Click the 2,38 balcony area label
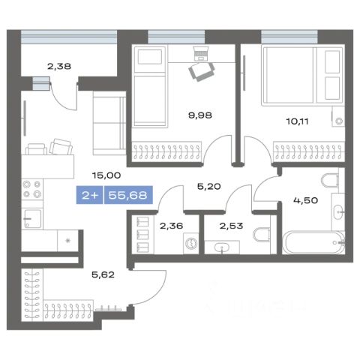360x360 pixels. tap(59, 67)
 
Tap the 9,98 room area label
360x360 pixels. tap(200, 115)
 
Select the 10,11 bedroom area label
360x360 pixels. tap(297, 121)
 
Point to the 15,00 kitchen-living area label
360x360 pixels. tap(106, 175)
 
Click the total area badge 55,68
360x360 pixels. tap(128, 195)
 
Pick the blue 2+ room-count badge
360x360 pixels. tap(89, 195)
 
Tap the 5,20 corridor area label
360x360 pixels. tap(209, 187)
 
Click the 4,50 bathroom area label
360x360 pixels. tap(306, 200)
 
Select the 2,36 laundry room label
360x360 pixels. tap(172, 226)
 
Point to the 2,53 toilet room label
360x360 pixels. tap(231, 226)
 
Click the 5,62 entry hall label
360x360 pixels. tap(103, 275)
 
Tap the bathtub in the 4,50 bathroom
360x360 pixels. tap(313, 242)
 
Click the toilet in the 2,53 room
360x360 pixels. tap(262, 235)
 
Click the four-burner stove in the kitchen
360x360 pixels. tap(32, 189)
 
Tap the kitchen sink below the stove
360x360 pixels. tap(32, 219)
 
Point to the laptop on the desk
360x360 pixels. tap(201, 53)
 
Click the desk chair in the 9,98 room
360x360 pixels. tap(201, 71)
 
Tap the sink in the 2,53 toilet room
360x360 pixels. tap(222, 247)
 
